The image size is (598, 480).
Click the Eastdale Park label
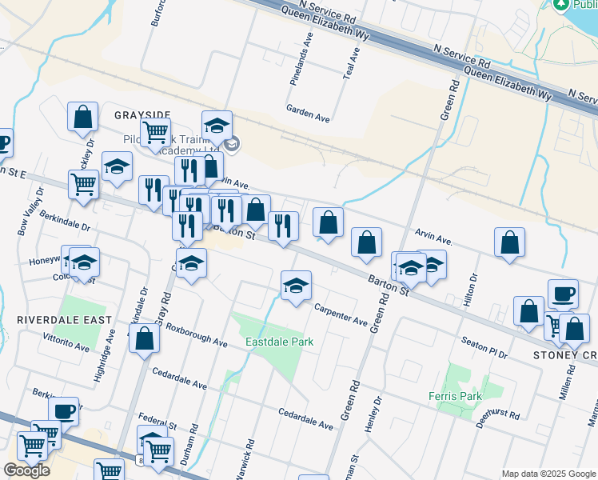tap(279, 342)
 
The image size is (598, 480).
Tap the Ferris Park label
tap(465, 396)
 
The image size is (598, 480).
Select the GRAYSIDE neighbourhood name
tap(142, 114)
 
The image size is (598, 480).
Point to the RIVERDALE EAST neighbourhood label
tap(54, 319)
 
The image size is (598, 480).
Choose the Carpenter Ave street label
tap(340, 315)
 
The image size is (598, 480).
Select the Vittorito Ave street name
tap(66, 342)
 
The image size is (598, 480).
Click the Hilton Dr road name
tap(471, 291)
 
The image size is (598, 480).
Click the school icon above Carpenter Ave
tap(296, 286)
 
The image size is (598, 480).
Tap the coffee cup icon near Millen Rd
tap(563, 294)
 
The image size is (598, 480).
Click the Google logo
tap(26, 471)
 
